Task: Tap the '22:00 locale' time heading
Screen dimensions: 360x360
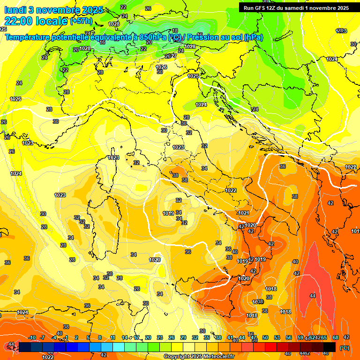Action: [35, 22]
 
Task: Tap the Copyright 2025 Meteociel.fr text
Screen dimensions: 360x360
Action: [199, 356]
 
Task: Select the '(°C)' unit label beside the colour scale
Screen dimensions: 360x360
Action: [345, 348]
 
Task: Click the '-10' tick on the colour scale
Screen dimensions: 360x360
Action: [32, 338]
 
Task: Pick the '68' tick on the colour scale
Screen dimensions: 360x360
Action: [336, 338]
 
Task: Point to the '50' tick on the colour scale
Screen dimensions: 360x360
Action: [265, 338]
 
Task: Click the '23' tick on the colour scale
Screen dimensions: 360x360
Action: [159, 338]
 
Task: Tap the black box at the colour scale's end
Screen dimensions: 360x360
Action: [330, 347]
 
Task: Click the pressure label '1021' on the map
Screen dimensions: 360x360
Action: [243, 213]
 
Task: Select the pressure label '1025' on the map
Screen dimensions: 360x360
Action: [193, 76]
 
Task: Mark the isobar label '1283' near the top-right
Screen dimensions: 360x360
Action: [341, 31]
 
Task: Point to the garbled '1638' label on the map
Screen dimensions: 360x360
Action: [258, 301]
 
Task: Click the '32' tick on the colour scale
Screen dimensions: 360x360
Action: [195, 338]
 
